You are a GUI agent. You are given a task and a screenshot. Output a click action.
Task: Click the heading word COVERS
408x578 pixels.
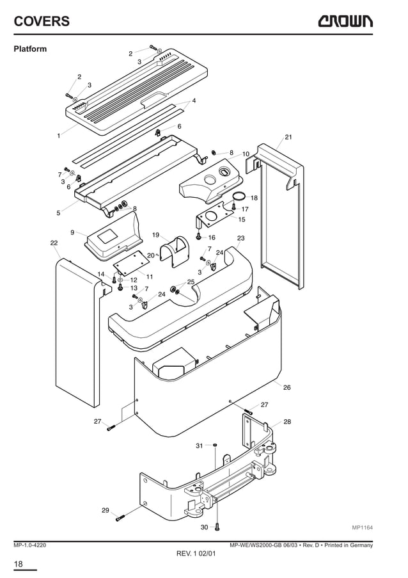coord(42,22)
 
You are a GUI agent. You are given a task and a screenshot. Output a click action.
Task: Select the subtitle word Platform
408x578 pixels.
coord(30,49)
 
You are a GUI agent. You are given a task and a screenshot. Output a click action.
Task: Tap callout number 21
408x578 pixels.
coord(288,138)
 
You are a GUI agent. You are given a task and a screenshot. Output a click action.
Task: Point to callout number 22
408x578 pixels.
coord(54,243)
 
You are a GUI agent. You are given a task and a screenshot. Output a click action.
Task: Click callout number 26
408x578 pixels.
coord(286,387)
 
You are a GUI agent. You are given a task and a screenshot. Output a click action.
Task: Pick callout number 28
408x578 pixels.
coord(287,422)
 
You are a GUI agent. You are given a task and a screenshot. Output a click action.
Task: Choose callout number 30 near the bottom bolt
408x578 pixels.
coord(204,527)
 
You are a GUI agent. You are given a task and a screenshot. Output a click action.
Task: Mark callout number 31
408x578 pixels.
coord(199,445)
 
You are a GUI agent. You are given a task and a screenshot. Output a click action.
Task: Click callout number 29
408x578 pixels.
coord(106,510)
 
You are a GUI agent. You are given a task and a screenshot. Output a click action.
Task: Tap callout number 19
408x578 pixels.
coord(155,235)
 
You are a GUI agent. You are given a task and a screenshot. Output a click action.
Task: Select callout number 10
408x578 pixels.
coord(246,154)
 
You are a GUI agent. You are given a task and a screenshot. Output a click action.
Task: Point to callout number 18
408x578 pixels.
coord(254,198)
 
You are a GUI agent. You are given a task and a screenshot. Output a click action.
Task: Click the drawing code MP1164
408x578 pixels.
coord(362,527)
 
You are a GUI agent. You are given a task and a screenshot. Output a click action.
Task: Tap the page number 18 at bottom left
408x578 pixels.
coord(19,563)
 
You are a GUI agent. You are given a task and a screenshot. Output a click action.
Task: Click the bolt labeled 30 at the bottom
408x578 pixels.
coord(217,526)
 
